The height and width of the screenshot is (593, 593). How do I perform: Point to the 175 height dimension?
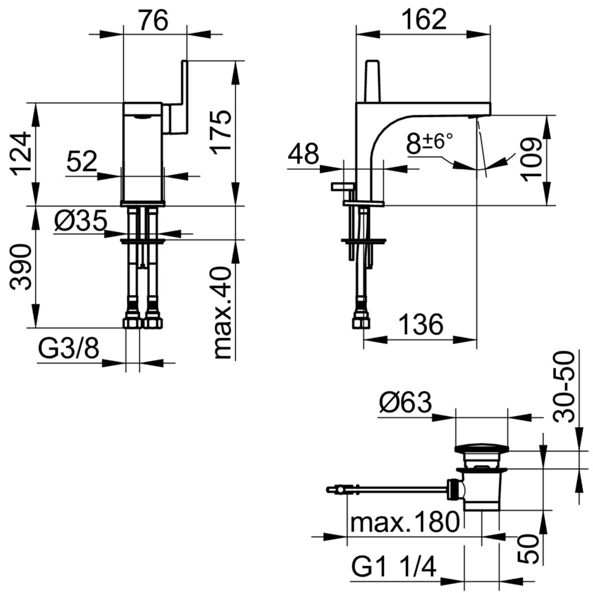coord(221,132)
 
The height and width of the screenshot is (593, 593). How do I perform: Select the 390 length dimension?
coord(20,267)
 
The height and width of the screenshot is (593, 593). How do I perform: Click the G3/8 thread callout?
coord(69,348)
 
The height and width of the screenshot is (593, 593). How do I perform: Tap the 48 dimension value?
coord(303,154)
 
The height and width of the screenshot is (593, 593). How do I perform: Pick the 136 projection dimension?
coord(421,325)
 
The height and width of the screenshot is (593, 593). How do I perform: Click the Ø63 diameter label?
coord(405,402)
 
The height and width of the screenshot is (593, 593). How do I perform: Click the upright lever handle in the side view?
coord(372,81)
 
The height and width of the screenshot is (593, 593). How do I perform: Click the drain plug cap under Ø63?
coord(482,449)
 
